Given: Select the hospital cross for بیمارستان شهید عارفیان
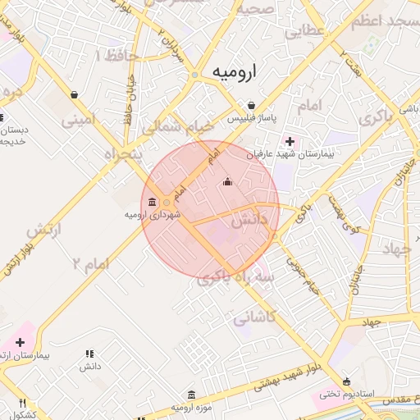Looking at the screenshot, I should [x=287, y=140].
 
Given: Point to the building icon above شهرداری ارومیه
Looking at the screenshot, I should [x=153, y=202].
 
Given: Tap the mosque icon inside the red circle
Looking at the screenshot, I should [x=227, y=181].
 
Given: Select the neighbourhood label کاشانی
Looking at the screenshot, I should [x=255, y=317].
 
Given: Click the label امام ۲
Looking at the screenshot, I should [x=90, y=263].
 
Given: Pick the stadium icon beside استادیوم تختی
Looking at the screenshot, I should [x=347, y=381].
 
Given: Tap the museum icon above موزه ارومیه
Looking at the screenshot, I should [x=191, y=395].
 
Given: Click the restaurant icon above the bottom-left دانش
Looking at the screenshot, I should [x=89, y=354].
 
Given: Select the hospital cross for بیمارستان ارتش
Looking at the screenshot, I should [x=21, y=341].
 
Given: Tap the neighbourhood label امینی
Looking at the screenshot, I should [x=79, y=121].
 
